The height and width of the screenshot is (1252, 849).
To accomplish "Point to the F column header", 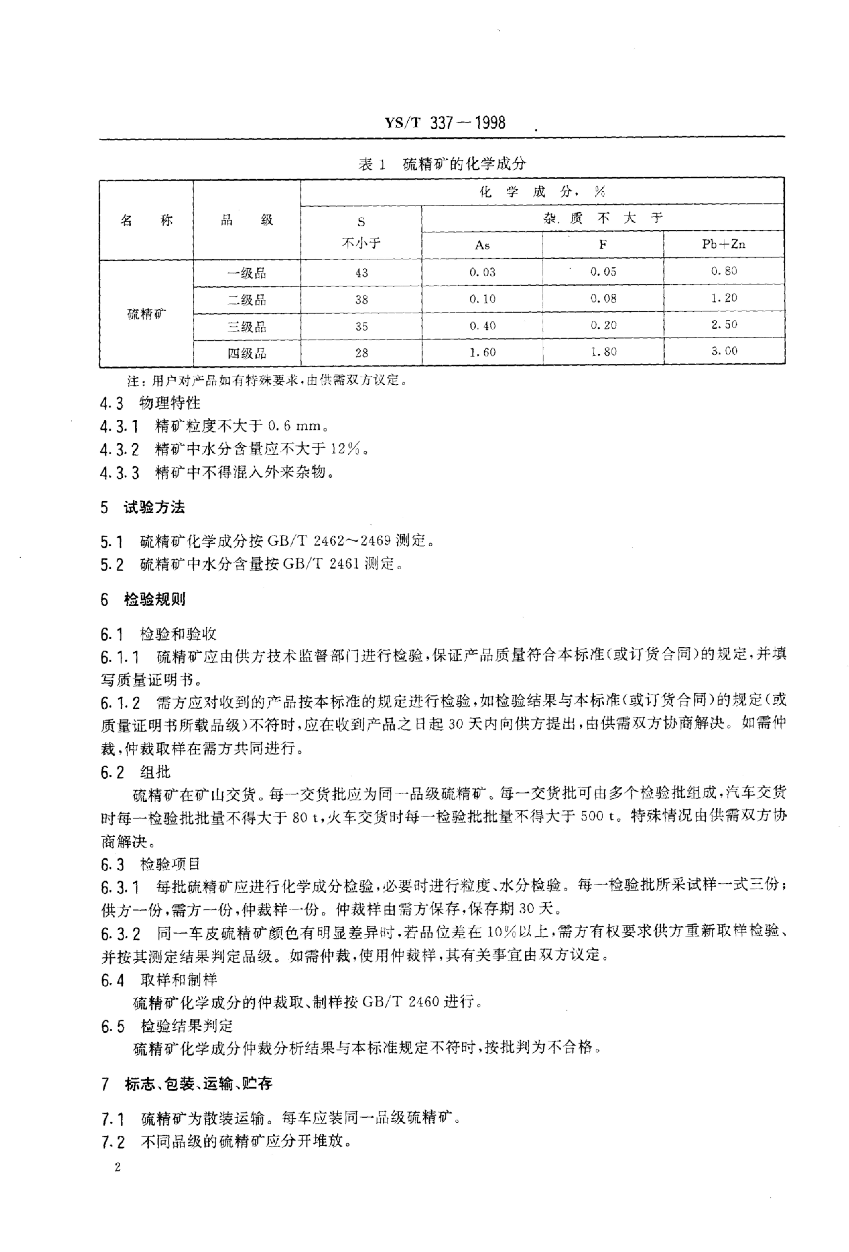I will [x=603, y=245].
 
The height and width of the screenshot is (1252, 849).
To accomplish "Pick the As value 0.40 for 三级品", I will [x=482, y=326].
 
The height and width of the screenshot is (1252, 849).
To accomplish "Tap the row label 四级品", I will [x=247, y=353].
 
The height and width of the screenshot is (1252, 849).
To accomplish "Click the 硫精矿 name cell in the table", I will [x=147, y=314].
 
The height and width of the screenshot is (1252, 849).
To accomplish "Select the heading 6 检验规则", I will [x=143, y=599].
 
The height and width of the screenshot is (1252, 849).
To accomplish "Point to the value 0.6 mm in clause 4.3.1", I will [x=294, y=426].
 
